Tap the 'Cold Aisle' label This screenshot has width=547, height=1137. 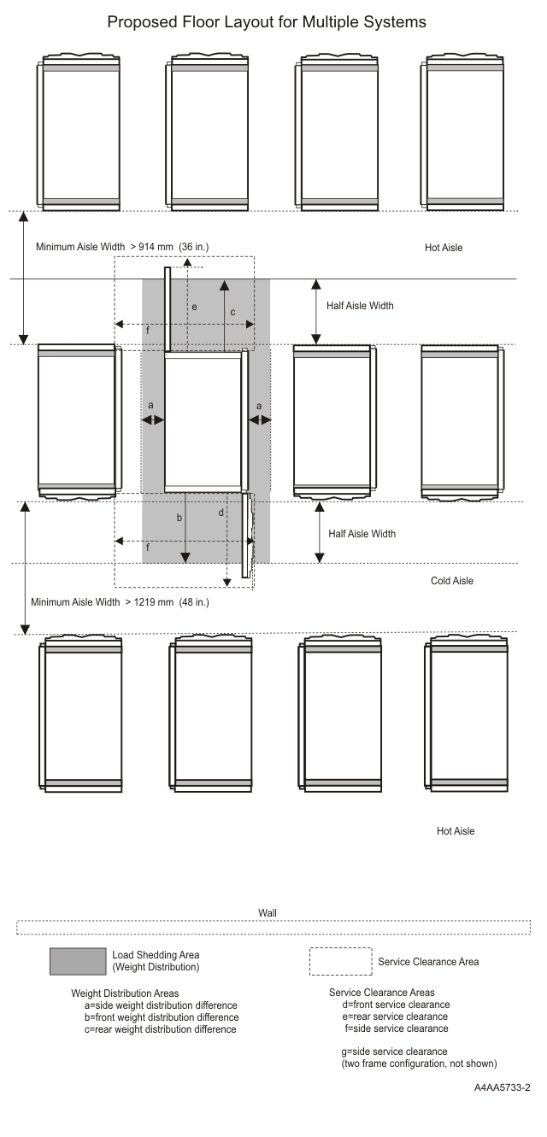tap(452, 581)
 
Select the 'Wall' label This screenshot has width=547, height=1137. tap(267, 913)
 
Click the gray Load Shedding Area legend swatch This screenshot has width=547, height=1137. tap(77, 961)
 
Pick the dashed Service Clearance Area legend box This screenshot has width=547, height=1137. tap(340, 961)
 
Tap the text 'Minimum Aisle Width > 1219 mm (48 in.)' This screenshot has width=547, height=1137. tap(120, 602)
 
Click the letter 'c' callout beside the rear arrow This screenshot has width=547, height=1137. tap(232, 313)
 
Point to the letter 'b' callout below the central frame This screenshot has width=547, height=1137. tap(179, 519)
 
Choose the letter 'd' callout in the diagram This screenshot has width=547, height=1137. tap(221, 513)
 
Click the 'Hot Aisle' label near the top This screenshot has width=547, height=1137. tap(444, 248)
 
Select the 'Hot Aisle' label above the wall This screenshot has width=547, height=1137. tap(456, 831)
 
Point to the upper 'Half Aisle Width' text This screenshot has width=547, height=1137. tap(361, 306)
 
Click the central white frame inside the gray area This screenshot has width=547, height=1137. tap(203, 419)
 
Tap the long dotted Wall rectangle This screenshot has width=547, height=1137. tap(273, 928)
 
